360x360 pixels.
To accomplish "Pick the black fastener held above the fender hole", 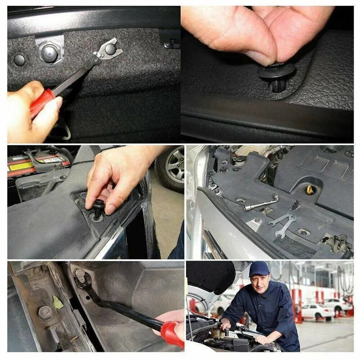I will (x=98, y=209).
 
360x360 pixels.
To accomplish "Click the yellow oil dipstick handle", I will (x=310, y=190).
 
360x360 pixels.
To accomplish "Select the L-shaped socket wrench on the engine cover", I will (x=261, y=203).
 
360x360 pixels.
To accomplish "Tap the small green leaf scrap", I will (x=58, y=302).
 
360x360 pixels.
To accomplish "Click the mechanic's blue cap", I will (x=259, y=269).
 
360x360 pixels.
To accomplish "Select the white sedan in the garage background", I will (x=317, y=310).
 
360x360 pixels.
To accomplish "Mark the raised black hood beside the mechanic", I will (x=209, y=279).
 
